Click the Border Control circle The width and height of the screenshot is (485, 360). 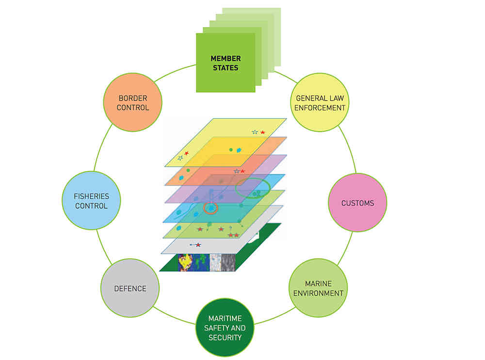tap(132, 103)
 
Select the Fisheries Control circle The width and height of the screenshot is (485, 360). tap(91, 201)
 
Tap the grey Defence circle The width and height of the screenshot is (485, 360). tap(130, 289)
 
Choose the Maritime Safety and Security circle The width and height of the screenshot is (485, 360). tap(225, 328)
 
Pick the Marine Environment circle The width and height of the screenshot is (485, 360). tap(318, 288)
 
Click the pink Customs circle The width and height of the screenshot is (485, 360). tap(357, 203)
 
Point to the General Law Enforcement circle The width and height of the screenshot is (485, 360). tap(320, 103)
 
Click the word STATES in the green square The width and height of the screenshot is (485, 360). tap(226, 68)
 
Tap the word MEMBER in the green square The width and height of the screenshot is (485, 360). tap(226, 58)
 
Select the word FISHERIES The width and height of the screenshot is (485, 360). tap(91, 196)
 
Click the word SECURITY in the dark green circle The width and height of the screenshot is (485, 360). tap(225, 337)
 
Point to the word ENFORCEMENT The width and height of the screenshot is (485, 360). tap(320, 108)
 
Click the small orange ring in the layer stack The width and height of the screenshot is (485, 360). tap(211, 208)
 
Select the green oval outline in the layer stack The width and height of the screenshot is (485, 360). tap(252, 188)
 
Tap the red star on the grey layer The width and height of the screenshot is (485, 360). tap(198, 245)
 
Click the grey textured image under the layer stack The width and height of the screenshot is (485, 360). tap(223, 262)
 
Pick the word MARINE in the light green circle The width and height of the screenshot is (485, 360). tap(318, 283)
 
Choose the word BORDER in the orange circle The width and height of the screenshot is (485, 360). tap(132, 98)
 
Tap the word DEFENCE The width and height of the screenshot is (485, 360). tap(130, 289)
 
